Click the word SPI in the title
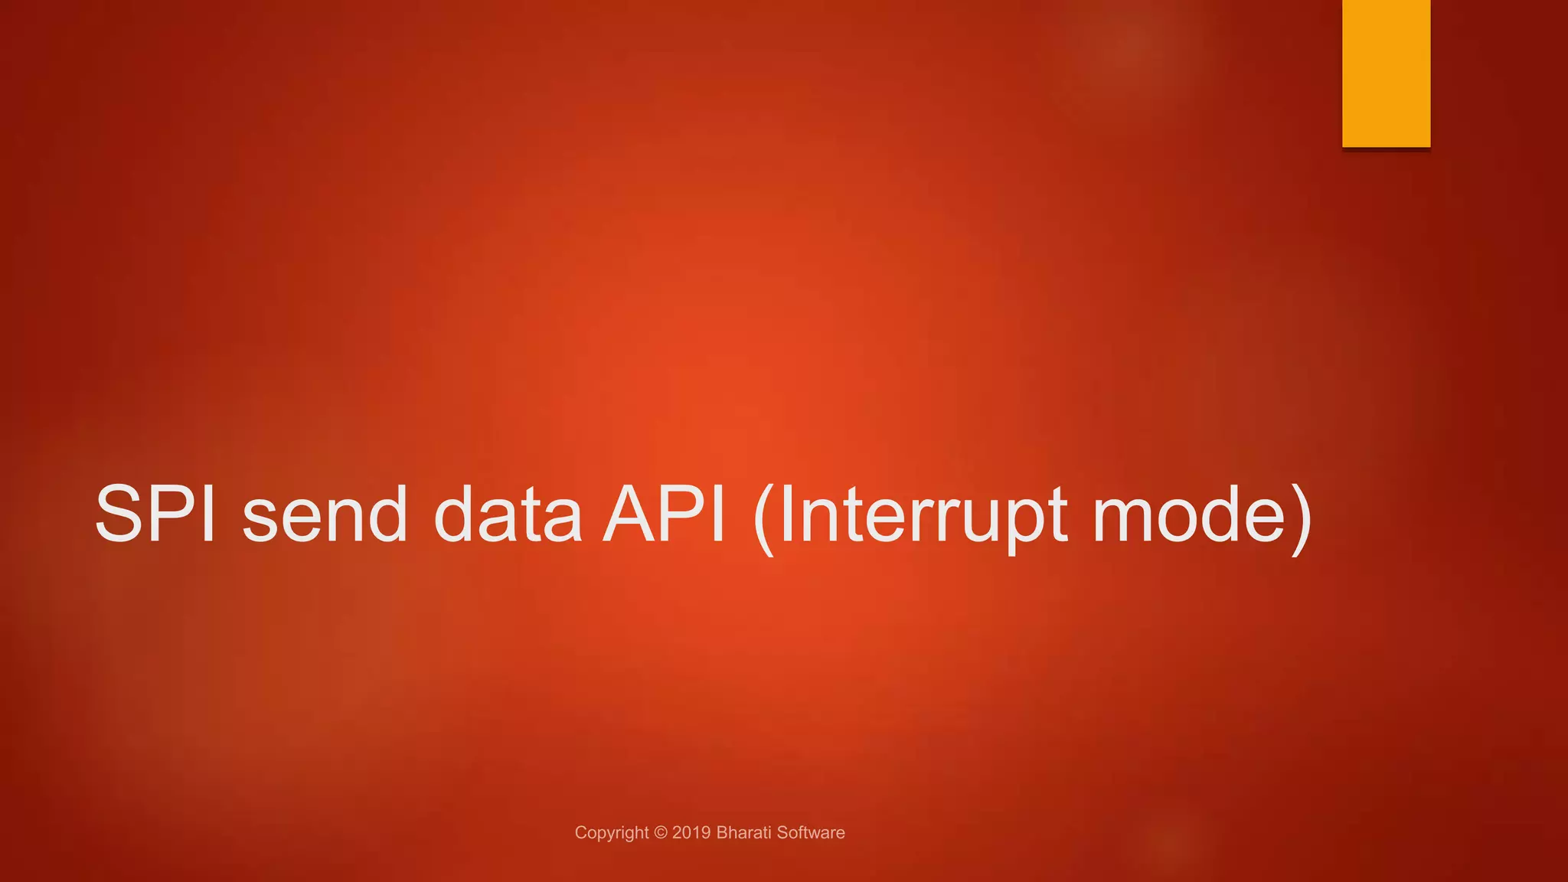point(155,514)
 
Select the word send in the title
point(325,514)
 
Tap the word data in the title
point(508,514)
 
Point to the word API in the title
point(664,514)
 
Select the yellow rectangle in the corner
point(1386,73)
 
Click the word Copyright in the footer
point(611,833)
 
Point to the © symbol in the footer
point(661,833)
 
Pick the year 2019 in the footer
point(691,833)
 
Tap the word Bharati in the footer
point(743,833)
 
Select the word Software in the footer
point(811,833)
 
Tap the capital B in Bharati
point(721,833)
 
